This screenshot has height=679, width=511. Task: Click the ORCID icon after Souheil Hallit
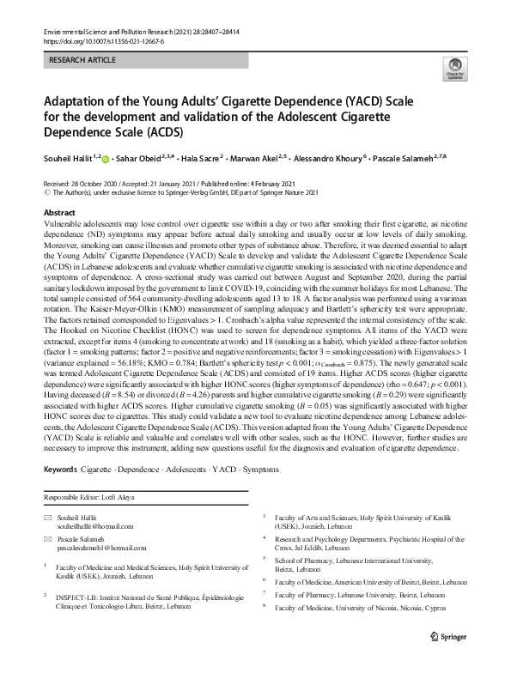(x=108, y=160)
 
